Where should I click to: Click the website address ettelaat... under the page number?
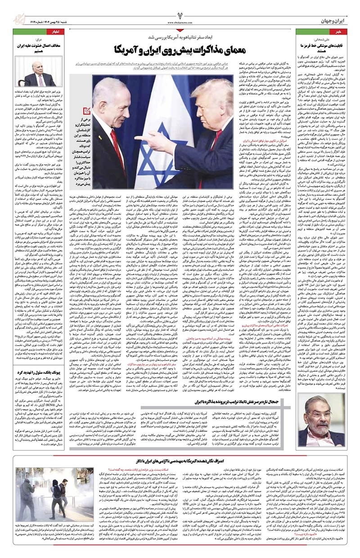pos(180,21)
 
